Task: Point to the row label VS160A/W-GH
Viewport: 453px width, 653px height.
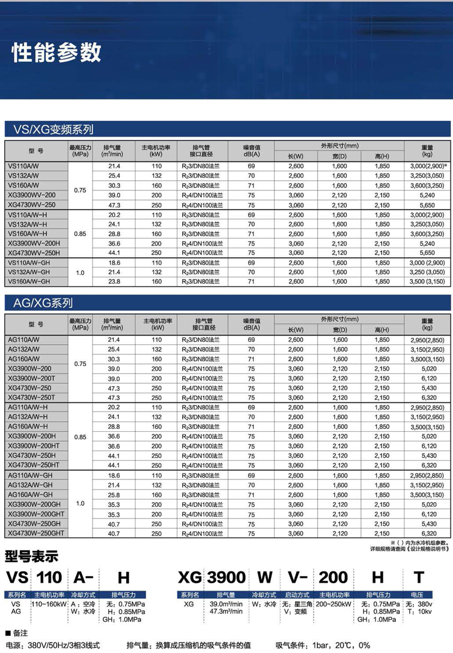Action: click(x=29, y=281)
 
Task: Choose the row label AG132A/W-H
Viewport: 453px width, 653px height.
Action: click(x=28, y=417)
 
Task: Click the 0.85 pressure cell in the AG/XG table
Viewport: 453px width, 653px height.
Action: click(x=81, y=437)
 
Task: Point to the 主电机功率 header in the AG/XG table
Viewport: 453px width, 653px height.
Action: click(x=157, y=323)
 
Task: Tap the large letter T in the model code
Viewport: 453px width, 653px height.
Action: click(x=419, y=577)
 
